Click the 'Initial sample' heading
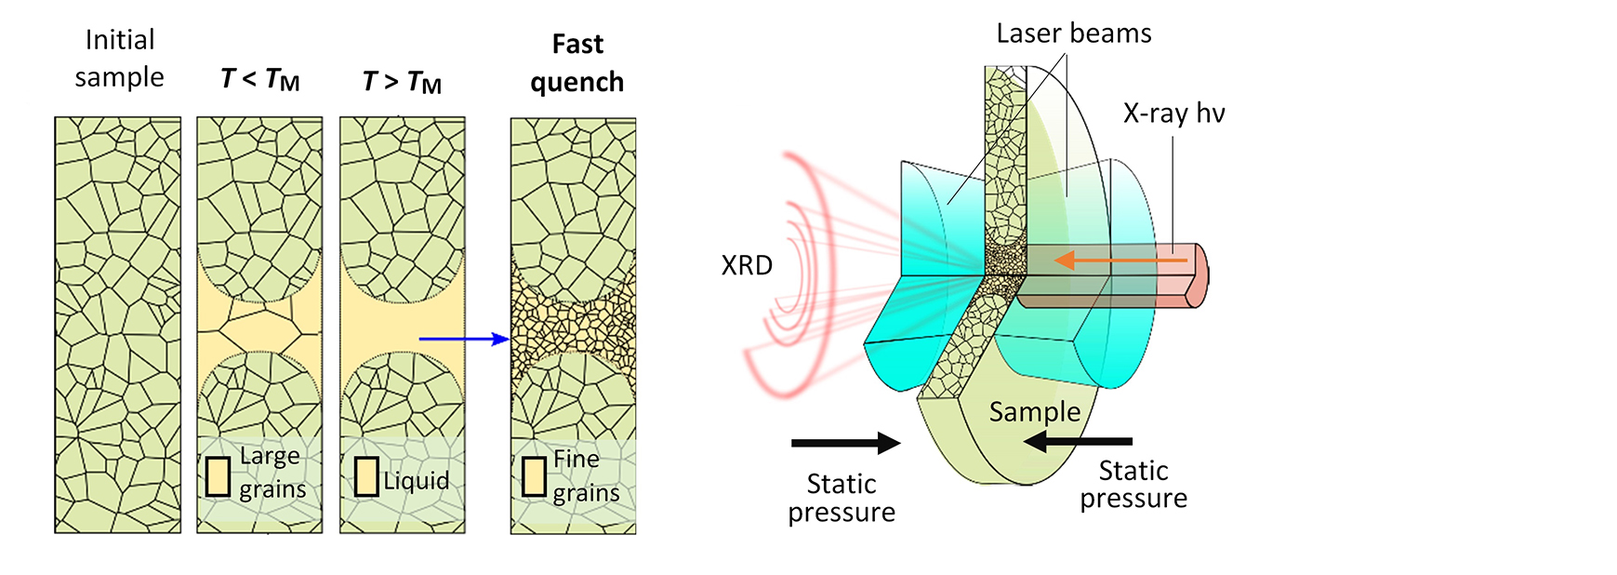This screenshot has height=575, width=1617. (119, 58)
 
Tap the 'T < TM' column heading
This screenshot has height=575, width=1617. (259, 80)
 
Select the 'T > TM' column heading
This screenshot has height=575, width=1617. (402, 82)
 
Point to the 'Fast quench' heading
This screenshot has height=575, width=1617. (577, 63)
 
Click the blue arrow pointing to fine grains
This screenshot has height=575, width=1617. (463, 340)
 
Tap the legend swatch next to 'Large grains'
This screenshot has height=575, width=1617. (219, 476)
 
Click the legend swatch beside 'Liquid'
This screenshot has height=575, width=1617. (366, 476)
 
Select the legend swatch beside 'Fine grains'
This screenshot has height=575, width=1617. (534, 476)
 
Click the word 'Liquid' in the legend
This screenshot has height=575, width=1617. (416, 481)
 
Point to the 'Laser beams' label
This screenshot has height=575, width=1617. (1073, 33)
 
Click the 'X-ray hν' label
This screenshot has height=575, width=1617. (1173, 114)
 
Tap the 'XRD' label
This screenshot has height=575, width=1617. (747, 266)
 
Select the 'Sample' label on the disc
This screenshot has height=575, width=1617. (1034, 411)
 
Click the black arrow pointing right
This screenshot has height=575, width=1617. (845, 443)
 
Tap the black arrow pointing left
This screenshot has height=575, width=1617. (1078, 441)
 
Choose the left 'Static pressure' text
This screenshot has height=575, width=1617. (842, 498)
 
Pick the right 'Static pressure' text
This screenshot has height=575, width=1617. (1133, 485)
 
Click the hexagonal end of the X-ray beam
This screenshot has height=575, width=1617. (1199, 274)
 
